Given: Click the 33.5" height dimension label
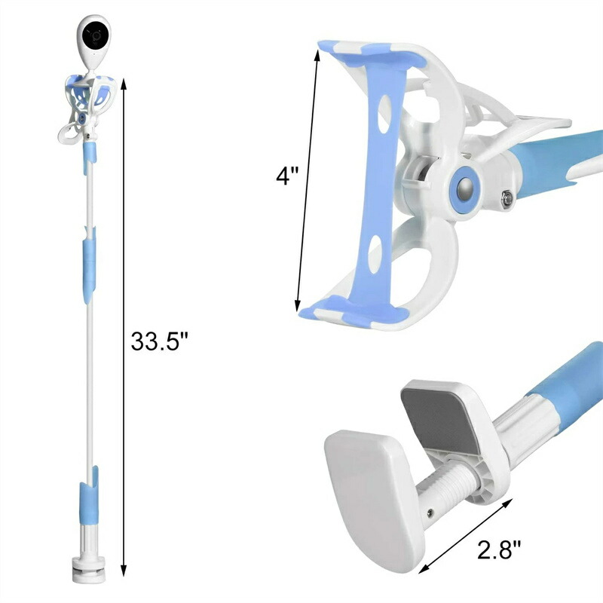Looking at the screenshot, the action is click(160, 341).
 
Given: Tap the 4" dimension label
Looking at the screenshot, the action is click(287, 176).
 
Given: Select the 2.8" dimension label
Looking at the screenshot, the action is click(500, 549).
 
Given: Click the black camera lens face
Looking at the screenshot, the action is click(95, 35).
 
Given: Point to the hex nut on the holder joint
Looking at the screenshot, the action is click(507, 199).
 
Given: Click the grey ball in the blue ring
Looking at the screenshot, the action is click(464, 189).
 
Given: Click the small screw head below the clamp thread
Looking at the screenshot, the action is click(430, 512).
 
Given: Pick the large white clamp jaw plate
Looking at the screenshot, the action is click(373, 496).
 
